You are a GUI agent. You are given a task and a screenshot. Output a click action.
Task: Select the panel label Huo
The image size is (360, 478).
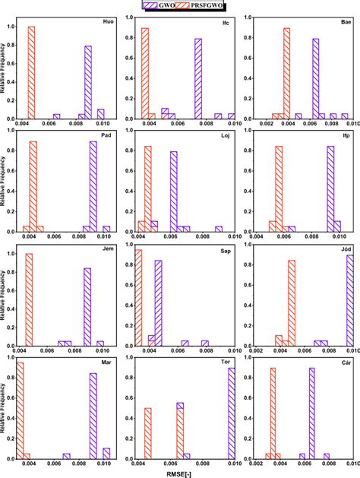(x=108, y=22)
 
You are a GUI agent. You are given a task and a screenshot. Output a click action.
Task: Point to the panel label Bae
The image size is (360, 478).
(x=344, y=22)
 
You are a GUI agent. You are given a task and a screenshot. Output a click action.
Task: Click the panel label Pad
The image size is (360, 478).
(x=108, y=136)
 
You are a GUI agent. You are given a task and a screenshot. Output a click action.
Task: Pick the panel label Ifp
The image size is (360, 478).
(x=345, y=136)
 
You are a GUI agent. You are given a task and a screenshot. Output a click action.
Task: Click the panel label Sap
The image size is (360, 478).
(x=226, y=250)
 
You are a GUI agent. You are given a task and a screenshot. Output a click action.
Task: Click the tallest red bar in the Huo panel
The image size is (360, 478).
(x=31, y=73)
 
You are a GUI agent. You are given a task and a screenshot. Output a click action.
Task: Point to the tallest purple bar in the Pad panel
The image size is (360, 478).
(x=93, y=186)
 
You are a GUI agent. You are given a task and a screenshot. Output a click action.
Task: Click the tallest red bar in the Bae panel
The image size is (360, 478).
(x=286, y=74)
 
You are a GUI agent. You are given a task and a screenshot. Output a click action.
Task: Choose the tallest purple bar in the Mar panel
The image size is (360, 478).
(x=93, y=416)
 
